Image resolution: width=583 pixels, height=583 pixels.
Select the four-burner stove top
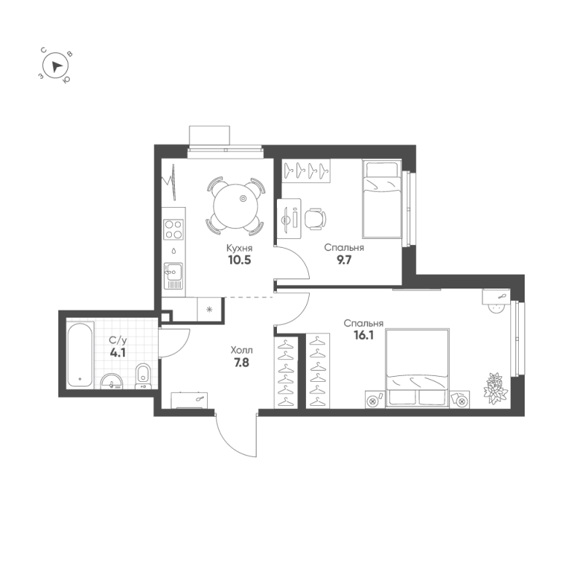(174, 230)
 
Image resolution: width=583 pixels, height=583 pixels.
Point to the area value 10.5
(238, 260)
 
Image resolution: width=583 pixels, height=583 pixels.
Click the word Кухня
(238, 248)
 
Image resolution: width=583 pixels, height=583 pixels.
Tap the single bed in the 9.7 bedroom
(382, 200)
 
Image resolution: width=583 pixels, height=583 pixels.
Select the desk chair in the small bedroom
(315, 218)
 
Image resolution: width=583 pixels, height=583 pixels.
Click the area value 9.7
(344, 260)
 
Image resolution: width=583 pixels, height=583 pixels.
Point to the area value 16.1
(364, 336)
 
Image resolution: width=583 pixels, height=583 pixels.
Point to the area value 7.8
(240, 361)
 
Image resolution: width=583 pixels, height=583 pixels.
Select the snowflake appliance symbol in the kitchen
(210, 309)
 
